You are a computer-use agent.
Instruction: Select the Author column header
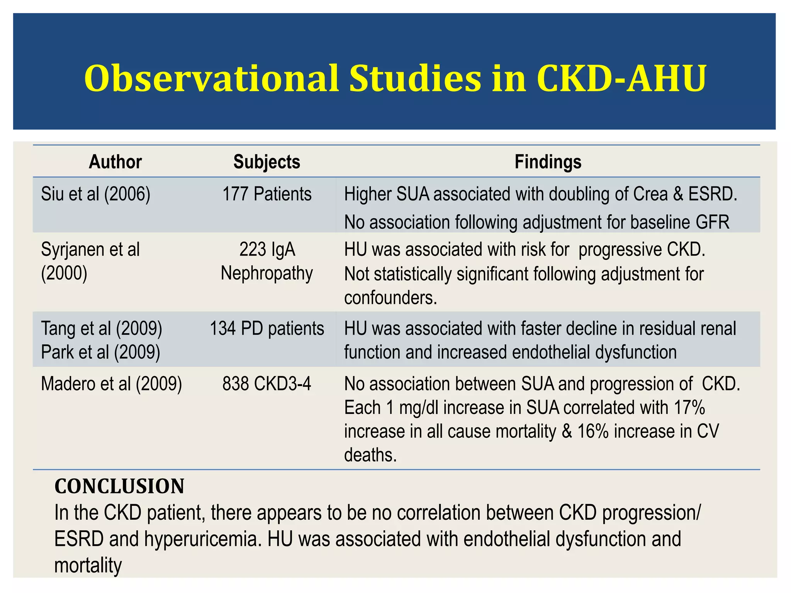point(115,162)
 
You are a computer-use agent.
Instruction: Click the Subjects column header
point(266,162)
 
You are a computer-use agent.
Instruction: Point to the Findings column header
point(548,162)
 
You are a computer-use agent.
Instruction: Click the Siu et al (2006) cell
point(95,194)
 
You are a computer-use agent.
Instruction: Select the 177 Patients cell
point(266,194)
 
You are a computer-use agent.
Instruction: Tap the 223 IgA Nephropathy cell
point(266,261)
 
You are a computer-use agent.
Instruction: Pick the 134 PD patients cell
point(266,329)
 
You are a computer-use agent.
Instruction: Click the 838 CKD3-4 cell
point(266,384)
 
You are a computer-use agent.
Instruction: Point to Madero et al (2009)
point(111,384)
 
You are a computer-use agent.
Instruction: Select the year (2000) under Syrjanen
point(64,274)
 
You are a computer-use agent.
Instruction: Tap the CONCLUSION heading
point(119,486)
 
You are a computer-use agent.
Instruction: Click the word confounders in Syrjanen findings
point(390,298)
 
